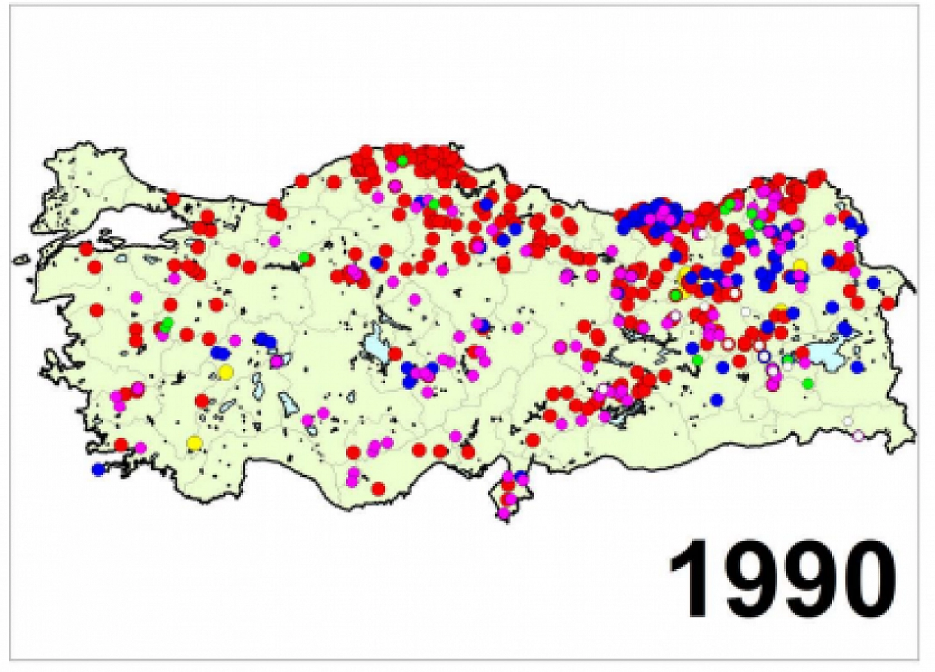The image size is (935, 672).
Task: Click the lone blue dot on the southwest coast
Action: [99, 470]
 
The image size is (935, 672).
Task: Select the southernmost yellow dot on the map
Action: [194, 443]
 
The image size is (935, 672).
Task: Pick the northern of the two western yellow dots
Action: [225, 372]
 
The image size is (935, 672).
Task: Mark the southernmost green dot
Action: [808, 383]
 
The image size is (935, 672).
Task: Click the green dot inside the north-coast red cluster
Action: [402, 161]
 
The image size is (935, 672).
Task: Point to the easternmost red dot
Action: [888, 303]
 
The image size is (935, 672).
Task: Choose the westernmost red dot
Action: [86, 248]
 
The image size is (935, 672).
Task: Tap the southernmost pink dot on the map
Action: [504, 513]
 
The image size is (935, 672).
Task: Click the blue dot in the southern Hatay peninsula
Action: [520, 476]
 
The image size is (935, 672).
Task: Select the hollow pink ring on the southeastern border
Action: [859, 435]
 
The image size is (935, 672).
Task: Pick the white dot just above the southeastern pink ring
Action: [848, 421]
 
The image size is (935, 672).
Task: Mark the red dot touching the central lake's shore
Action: [395, 354]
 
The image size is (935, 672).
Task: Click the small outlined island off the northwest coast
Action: [21, 259]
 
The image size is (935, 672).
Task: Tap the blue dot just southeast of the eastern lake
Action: [858, 367]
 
